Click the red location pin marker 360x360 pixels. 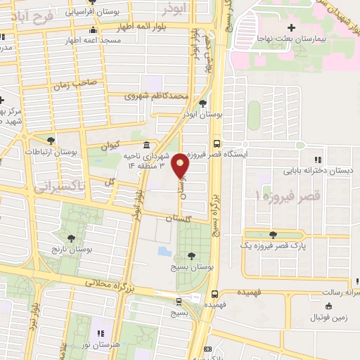pos(181,166)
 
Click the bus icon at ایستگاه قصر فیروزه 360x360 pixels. pos(217,139)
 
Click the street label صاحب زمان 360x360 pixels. pos(79,84)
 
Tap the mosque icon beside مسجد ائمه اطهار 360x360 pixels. pos(93,30)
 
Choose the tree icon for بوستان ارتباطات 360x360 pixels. pos(50,141)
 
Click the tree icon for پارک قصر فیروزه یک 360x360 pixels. pos(272,234)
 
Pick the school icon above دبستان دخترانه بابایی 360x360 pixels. pos(318,159)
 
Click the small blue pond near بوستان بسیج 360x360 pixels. pos(164,251)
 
